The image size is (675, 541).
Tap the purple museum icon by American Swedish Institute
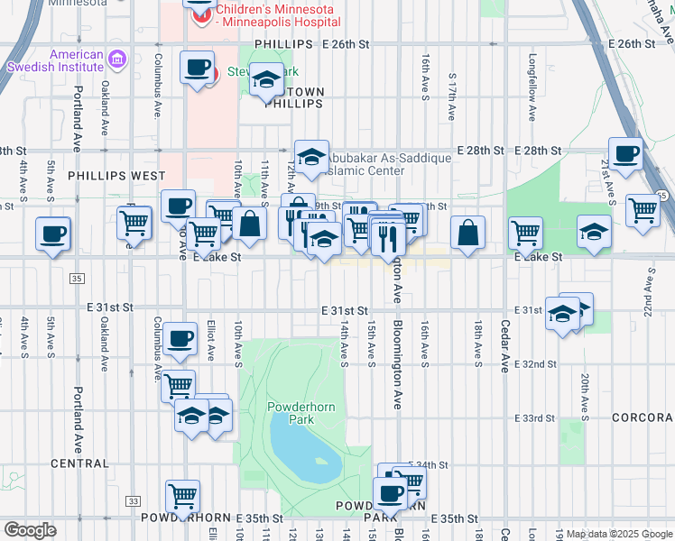pos(116,60)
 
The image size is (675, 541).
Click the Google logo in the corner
pos(30,530)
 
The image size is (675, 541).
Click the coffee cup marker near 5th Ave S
pos(52,234)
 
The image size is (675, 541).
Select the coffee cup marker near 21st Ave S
pos(624,153)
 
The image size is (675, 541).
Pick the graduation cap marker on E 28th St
pos(310,157)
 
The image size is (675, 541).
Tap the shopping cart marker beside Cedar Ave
pos(525,233)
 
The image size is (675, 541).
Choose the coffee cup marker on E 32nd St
pos(180,338)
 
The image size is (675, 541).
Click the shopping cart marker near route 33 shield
pos(182,496)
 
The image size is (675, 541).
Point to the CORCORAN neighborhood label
pos(642,418)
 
